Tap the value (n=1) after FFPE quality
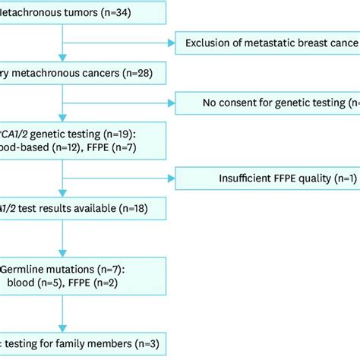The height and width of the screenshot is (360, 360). click(x=342, y=178)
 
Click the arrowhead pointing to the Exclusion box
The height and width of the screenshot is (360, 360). click(x=171, y=43)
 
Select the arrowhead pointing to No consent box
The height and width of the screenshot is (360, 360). click(x=171, y=103)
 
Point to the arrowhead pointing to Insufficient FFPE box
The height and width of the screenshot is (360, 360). click(x=171, y=178)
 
